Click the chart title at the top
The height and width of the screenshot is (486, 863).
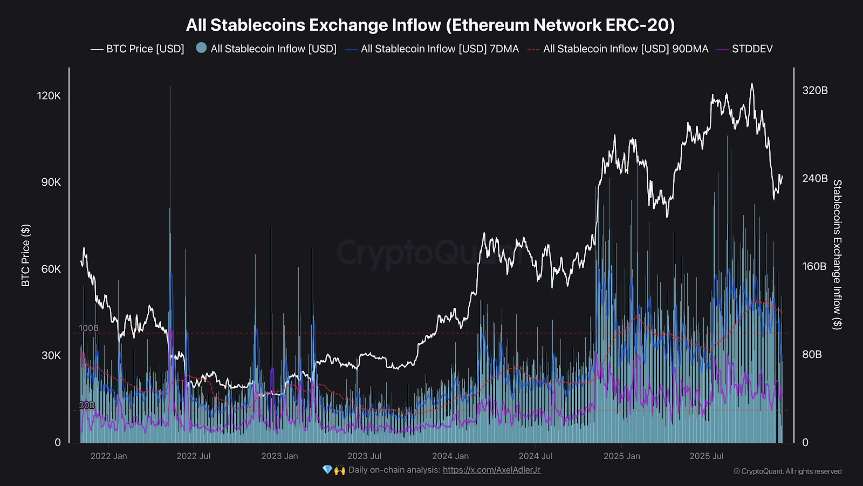click(430, 25)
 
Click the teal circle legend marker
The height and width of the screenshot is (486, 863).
click(201, 48)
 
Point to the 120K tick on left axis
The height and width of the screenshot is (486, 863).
click(49, 96)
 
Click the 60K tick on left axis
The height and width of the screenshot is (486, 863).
click(51, 269)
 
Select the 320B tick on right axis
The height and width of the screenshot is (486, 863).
click(814, 90)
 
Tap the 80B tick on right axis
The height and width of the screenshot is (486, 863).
click(812, 354)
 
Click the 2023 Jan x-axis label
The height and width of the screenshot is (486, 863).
click(279, 456)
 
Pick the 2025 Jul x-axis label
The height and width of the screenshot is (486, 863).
click(707, 456)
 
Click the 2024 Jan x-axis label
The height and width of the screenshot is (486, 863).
click(450, 456)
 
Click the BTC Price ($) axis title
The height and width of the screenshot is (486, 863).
click(25, 255)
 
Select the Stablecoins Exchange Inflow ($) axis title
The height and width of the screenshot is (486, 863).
click(837, 254)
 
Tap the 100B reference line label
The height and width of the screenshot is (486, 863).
click(88, 328)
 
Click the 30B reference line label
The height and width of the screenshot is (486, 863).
click(87, 405)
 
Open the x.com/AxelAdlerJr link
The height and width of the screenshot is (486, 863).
click(491, 470)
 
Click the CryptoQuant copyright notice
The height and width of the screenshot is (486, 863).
click(787, 471)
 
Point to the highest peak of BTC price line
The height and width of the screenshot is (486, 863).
click(752, 84)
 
